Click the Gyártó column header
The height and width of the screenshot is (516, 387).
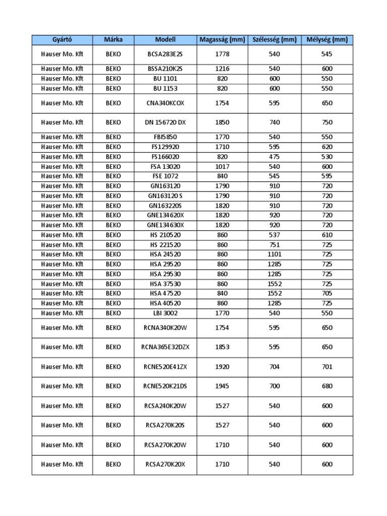pos(62,40)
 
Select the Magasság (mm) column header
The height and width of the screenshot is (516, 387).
pos(222,40)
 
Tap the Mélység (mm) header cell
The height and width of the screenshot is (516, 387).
pos(327,40)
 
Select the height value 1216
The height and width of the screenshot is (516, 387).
pos(222,69)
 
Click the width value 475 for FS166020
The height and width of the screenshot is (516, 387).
pos(274,157)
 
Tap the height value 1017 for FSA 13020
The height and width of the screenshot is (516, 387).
pos(222,166)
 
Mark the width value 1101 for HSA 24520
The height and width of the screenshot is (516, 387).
pos(274,254)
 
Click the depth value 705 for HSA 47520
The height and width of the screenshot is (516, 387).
pos(327,293)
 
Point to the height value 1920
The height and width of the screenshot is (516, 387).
pos(222,367)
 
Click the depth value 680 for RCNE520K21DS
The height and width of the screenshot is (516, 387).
pos(327,386)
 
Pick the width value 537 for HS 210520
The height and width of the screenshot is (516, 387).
pos(274,235)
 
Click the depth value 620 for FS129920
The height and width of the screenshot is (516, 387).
pos(327,147)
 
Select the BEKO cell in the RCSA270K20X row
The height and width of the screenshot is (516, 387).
pos(113,465)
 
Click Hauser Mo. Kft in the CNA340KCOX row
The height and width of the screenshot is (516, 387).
pos(62,103)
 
